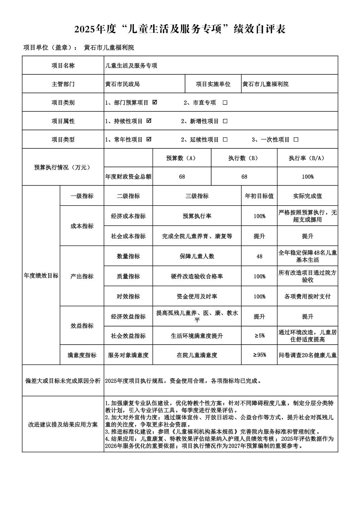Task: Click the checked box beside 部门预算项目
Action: pyautogui.click(x=155, y=102)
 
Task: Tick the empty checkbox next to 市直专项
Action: pyautogui.click(x=225, y=103)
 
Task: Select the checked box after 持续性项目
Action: pyautogui.click(x=149, y=121)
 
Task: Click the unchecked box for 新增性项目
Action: pyautogui.click(x=225, y=121)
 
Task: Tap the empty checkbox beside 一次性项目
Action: pyautogui.click(x=296, y=140)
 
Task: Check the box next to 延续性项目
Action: pyautogui.click(x=225, y=140)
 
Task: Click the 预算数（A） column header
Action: pyautogui.click(x=181, y=158)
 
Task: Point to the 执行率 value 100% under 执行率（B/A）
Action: pyautogui.click(x=307, y=176)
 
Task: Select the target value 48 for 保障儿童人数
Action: pyautogui.click(x=259, y=256)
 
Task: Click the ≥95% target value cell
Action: pyautogui.click(x=259, y=355)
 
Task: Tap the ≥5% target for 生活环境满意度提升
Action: pyautogui.click(x=259, y=336)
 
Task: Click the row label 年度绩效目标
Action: pyautogui.click(x=41, y=276)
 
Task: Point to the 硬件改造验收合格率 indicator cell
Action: pyautogui.click(x=197, y=276)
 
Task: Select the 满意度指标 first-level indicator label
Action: pyautogui.click(x=82, y=355)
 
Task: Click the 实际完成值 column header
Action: pyautogui.click(x=307, y=196)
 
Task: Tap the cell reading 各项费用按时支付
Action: pyautogui.click(x=307, y=296)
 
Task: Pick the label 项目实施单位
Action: pyautogui.click(x=213, y=84)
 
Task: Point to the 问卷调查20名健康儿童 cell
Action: pyautogui.click(x=307, y=355)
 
